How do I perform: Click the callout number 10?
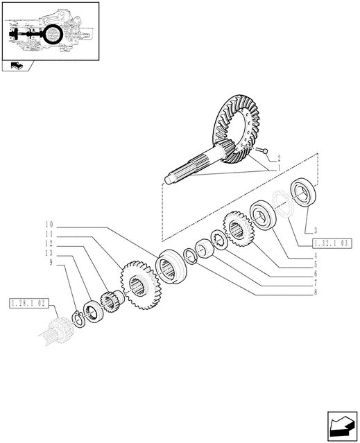coord(49,225)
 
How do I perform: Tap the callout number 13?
coord(49,253)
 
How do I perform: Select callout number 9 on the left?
coord(51,263)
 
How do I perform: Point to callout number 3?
coord(316,231)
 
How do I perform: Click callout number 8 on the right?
coord(316,292)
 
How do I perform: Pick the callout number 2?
coord(279,158)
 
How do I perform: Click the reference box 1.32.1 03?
coord(332,243)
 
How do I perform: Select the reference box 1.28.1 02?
coord(29,304)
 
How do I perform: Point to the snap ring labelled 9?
coord(78,320)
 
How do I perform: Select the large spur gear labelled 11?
coord(139,286)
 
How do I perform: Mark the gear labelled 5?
coord(238,229)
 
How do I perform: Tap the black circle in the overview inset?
coord(53,34)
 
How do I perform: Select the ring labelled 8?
coord(190,256)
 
